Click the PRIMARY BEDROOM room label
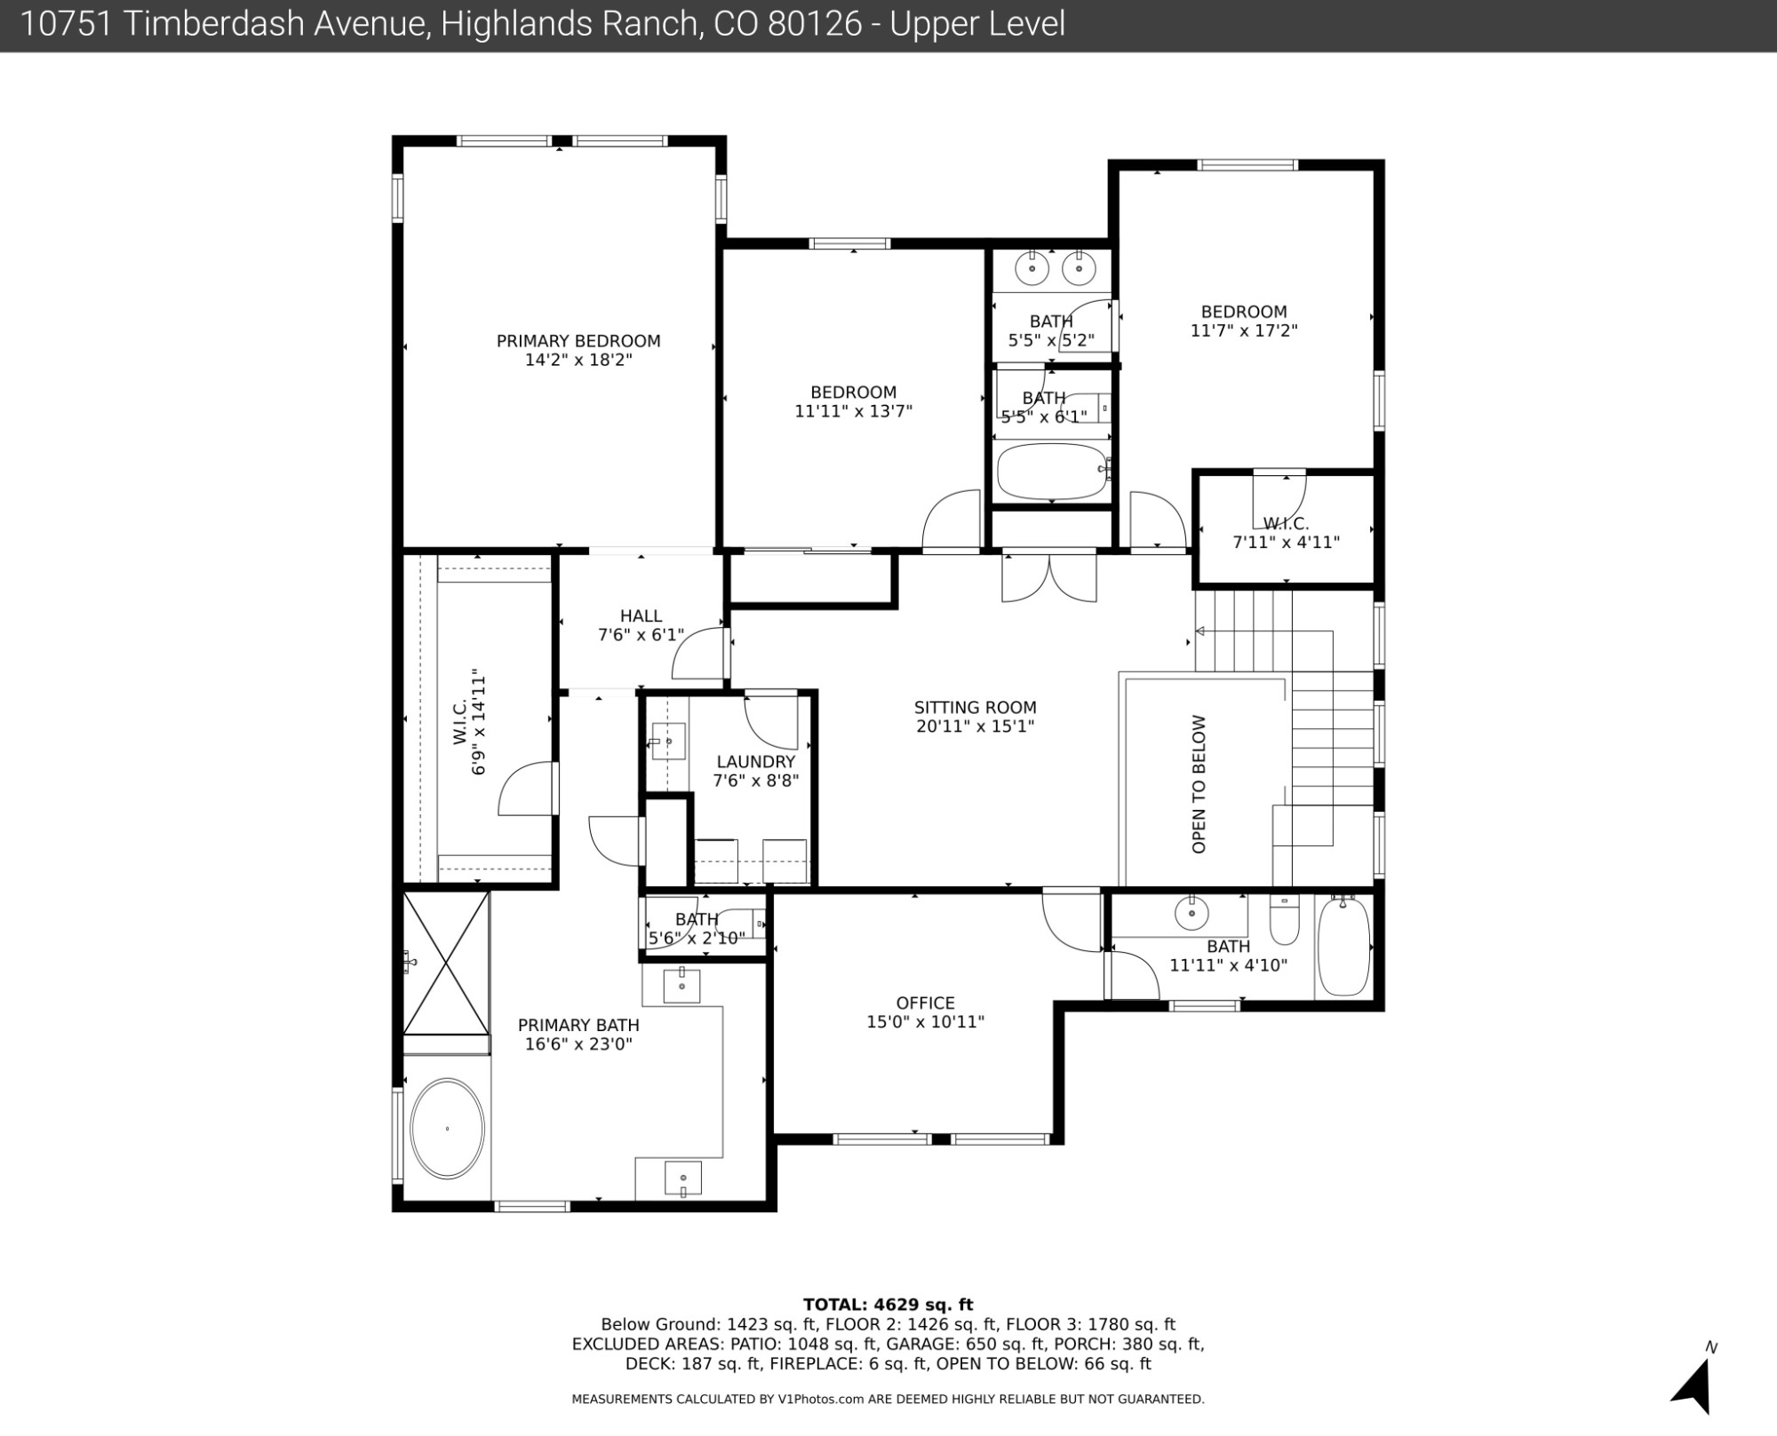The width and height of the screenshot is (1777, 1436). click(578, 341)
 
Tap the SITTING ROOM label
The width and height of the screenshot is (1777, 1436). click(976, 708)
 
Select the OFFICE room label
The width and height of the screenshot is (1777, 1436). click(926, 1003)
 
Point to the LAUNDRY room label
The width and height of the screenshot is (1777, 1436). click(756, 762)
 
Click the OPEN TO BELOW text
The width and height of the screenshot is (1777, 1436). click(1199, 784)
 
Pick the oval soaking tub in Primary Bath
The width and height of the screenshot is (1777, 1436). click(447, 1129)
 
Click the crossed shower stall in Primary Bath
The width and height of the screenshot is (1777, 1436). click(446, 963)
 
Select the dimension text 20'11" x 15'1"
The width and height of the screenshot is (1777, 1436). click(976, 726)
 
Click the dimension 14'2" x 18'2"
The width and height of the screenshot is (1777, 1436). click(578, 360)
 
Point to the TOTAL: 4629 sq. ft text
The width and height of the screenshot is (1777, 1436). click(888, 1305)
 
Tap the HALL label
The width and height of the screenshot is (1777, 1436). click(641, 615)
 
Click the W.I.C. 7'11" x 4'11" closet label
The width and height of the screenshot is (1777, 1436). click(1287, 533)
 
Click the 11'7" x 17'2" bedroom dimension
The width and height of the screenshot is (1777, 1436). click(1244, 330)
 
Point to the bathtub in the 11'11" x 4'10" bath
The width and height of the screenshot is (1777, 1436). click(1343, 945)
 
